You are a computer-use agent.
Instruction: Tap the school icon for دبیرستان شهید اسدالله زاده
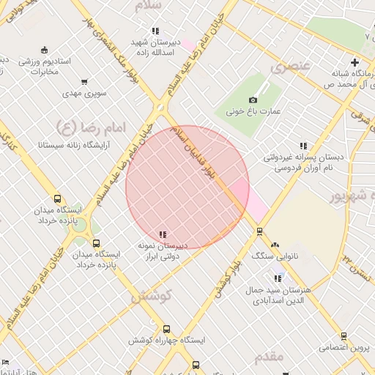tap(155, 31)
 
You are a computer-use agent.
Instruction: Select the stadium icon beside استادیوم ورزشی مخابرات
tap(45, 50)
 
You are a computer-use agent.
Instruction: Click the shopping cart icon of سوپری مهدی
tap(85, 82)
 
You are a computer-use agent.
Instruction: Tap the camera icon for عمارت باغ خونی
tap(253, 100)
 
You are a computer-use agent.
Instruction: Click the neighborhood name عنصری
tap(290, 67)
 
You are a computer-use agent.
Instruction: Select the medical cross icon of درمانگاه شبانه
tap(355, 63)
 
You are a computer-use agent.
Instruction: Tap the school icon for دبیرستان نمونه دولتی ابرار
tap(163, 234)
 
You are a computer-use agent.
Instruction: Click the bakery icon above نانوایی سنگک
tap(275, 245)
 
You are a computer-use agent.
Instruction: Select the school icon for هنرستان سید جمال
tap(277, 278)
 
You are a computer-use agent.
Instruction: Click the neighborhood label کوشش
tap(150, 297)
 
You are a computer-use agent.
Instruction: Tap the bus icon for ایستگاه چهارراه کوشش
tap(167, 330)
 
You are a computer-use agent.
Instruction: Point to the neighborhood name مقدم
tap(269, 357)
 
